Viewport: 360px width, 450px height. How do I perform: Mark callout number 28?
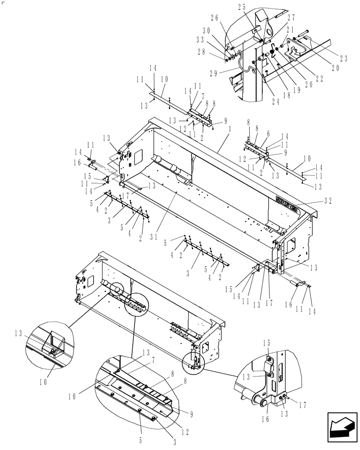click(x=215, y=52)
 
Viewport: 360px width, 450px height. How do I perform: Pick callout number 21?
click(x=297, y=38)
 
